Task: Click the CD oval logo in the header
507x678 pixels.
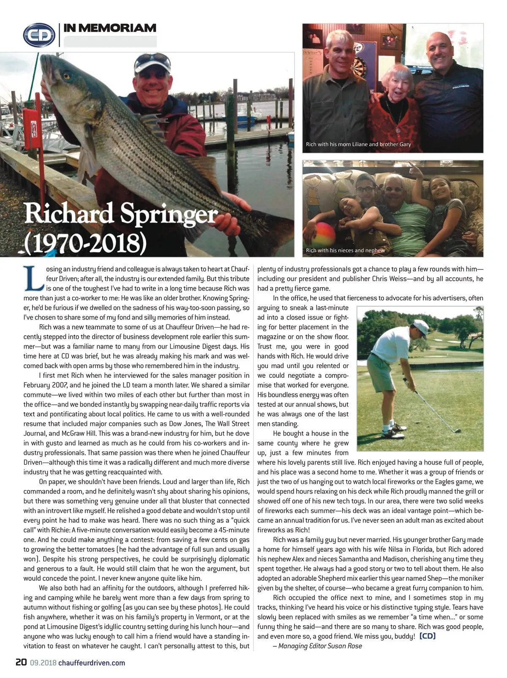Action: [39, 35]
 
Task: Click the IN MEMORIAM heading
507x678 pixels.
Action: [110, 28]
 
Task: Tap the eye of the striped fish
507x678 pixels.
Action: [66, 76]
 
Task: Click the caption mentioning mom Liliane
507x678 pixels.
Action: [358, 144]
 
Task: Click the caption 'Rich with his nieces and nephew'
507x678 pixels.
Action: [345, 250]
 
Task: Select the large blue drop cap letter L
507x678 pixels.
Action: [33, 279]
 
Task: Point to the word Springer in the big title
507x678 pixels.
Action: [169, 214]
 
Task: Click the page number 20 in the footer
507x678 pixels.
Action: [21, 662]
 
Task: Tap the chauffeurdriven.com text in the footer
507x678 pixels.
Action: [92, 663]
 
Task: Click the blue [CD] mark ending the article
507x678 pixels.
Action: [427, 636]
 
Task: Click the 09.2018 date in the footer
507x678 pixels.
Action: [43, 663]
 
